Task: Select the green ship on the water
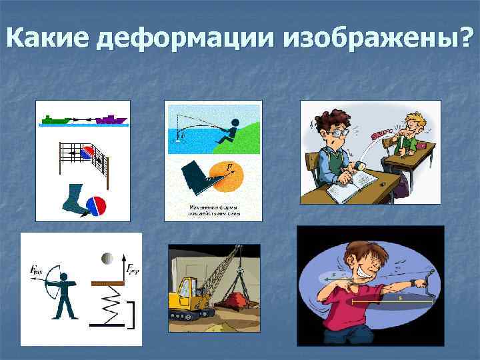click(56, 120)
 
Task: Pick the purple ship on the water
click(111, 120)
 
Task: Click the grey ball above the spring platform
click(106, 258)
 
